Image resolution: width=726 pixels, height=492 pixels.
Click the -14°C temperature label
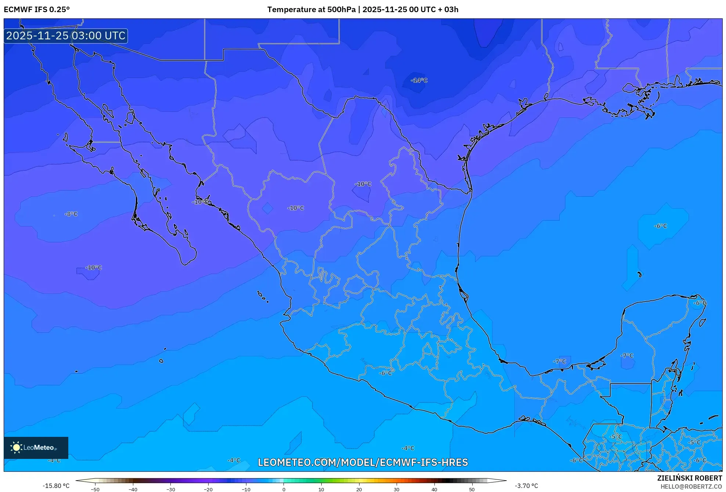pyautogui.click(x=419, y=80)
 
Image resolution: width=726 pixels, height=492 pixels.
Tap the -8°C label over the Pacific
pyautogui.click(x=71, y=214)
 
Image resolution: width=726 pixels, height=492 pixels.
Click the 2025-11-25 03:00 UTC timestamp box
pyautogui.click(x=66, y=36)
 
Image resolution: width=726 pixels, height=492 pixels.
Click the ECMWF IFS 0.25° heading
pyautogui.click(x=37, y=10)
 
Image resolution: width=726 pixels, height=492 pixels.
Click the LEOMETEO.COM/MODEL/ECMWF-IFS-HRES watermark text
pyautogui.click(x=362, y=462)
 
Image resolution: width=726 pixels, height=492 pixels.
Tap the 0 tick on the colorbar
pyautogui.click(x=283, y=489)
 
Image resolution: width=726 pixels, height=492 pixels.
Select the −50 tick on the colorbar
pyautogui.click(x=95, y=489)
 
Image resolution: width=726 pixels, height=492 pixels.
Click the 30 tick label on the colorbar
pyautogui.click(x=397, y=489)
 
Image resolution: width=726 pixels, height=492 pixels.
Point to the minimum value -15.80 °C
pyautogui.click(x=56, y=486)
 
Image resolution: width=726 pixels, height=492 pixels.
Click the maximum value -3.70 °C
pyautogui.click(x=526, y=486)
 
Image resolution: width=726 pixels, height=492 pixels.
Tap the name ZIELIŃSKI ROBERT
pyautogui.click(x=689, y=478)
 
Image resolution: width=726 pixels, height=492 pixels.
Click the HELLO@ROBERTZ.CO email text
pyautogui.click(x=691, y=486)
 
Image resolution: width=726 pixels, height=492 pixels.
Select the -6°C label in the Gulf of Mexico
pyautogui.click(x=660, y=226)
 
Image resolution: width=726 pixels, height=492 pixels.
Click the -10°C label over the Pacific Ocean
pyautogui.click(x=93, y=267)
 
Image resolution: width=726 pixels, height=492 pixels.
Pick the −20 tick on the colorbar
pyautogui.click(x=208, y=489)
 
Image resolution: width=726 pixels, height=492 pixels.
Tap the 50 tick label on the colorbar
pyautogui.click(x=472, y=489)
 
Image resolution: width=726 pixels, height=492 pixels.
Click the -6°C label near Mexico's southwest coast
pyautogui.click(x=385, y=373)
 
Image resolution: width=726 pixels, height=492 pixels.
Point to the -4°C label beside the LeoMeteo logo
pyautogui.click(x=54, y=460)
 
